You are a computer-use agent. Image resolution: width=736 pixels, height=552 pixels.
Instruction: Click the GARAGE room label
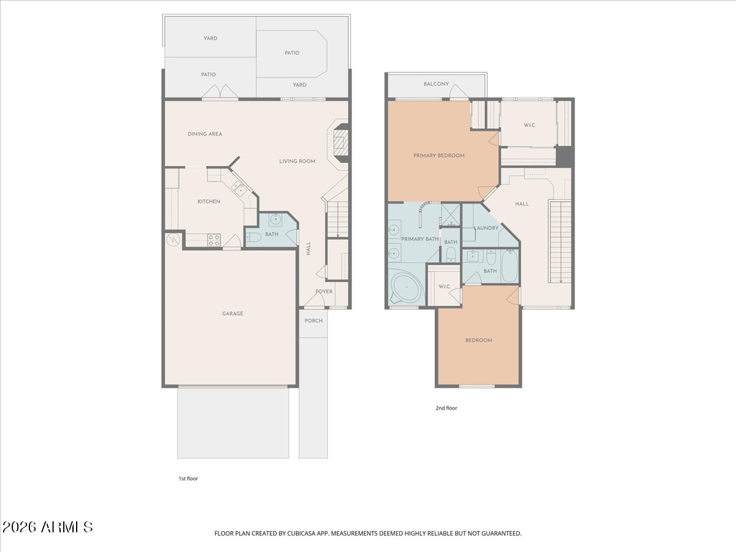(x=232, y=313)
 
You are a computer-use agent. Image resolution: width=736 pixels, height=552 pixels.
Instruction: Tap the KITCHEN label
(x=209, y=201)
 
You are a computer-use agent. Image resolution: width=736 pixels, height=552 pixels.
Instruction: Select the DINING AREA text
(x=204, y=134)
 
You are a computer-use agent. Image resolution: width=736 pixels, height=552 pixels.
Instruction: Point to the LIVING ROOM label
(x=297, y=161)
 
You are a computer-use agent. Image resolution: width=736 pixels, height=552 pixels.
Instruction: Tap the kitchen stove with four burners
(x=214, y=240)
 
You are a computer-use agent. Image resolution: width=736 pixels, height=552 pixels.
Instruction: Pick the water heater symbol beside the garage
(x=173, y=240)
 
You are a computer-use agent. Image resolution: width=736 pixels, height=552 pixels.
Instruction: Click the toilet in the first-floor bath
(x=254, y=237)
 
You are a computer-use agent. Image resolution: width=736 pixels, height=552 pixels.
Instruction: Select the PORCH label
(x=313, y=321)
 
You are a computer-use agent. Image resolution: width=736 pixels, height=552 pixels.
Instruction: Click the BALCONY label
(x=436, y=84)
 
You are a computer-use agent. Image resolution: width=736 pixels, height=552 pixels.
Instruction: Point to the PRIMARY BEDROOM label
(x=439, y=156)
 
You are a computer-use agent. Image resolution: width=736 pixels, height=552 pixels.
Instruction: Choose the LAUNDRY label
(x=486, y=228)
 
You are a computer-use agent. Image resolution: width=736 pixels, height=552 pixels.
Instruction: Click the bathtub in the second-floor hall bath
(x=510, y=266)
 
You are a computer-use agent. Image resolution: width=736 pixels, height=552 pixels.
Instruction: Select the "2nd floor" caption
(x=447, y=408)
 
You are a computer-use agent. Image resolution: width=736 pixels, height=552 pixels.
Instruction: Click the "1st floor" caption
(x=188, y=478)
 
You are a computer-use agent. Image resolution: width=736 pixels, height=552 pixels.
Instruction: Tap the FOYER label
(x=324, y=291)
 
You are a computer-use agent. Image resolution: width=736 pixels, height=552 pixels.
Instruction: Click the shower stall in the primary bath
(x=450, y=215)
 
